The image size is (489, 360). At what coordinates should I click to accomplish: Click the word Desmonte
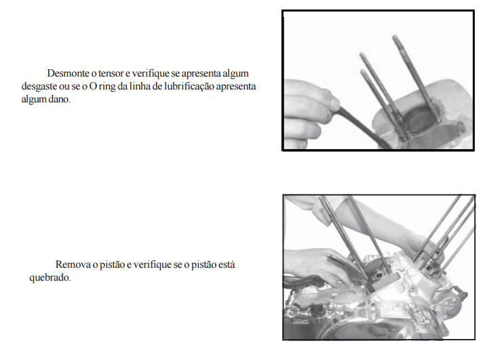[68, 73]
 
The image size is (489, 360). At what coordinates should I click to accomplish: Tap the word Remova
[73, 264]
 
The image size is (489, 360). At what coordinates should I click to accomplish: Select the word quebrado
[50, 278]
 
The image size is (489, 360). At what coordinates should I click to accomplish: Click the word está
[227, 264]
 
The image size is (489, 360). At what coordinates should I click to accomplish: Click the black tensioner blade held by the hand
[364, 127]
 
